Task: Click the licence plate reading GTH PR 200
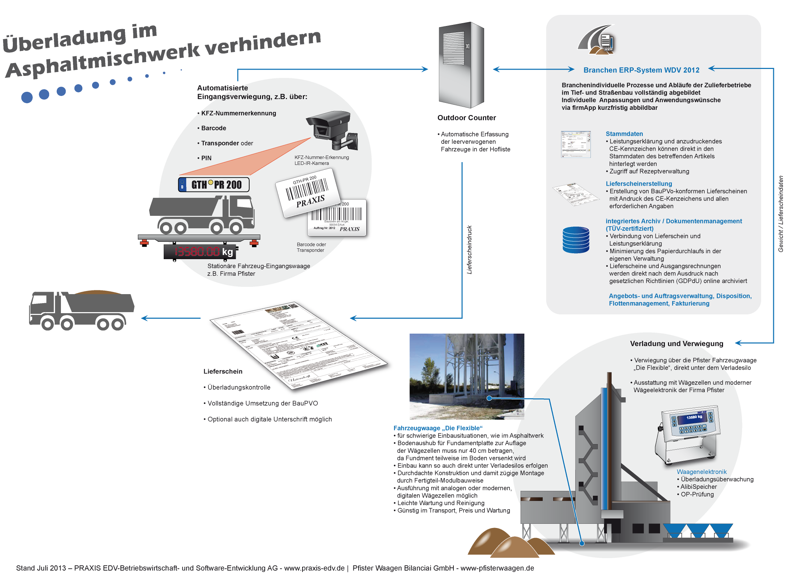214,185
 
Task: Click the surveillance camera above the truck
331,129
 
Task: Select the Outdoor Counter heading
467,118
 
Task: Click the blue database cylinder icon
576,240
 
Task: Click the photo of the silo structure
467,377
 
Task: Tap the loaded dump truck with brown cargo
81,310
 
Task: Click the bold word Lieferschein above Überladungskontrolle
223,372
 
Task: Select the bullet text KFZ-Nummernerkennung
239,113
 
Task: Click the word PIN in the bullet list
207,159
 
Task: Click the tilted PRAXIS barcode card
307,193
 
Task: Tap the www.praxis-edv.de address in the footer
314,568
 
